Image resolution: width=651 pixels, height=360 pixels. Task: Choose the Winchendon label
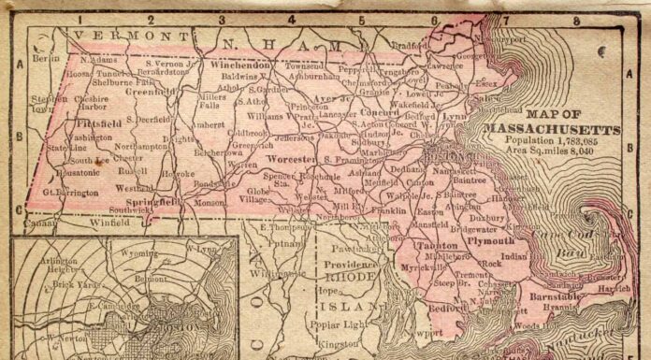click(x=239, y=66)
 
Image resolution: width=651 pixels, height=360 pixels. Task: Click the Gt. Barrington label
click(x=70, y=193)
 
